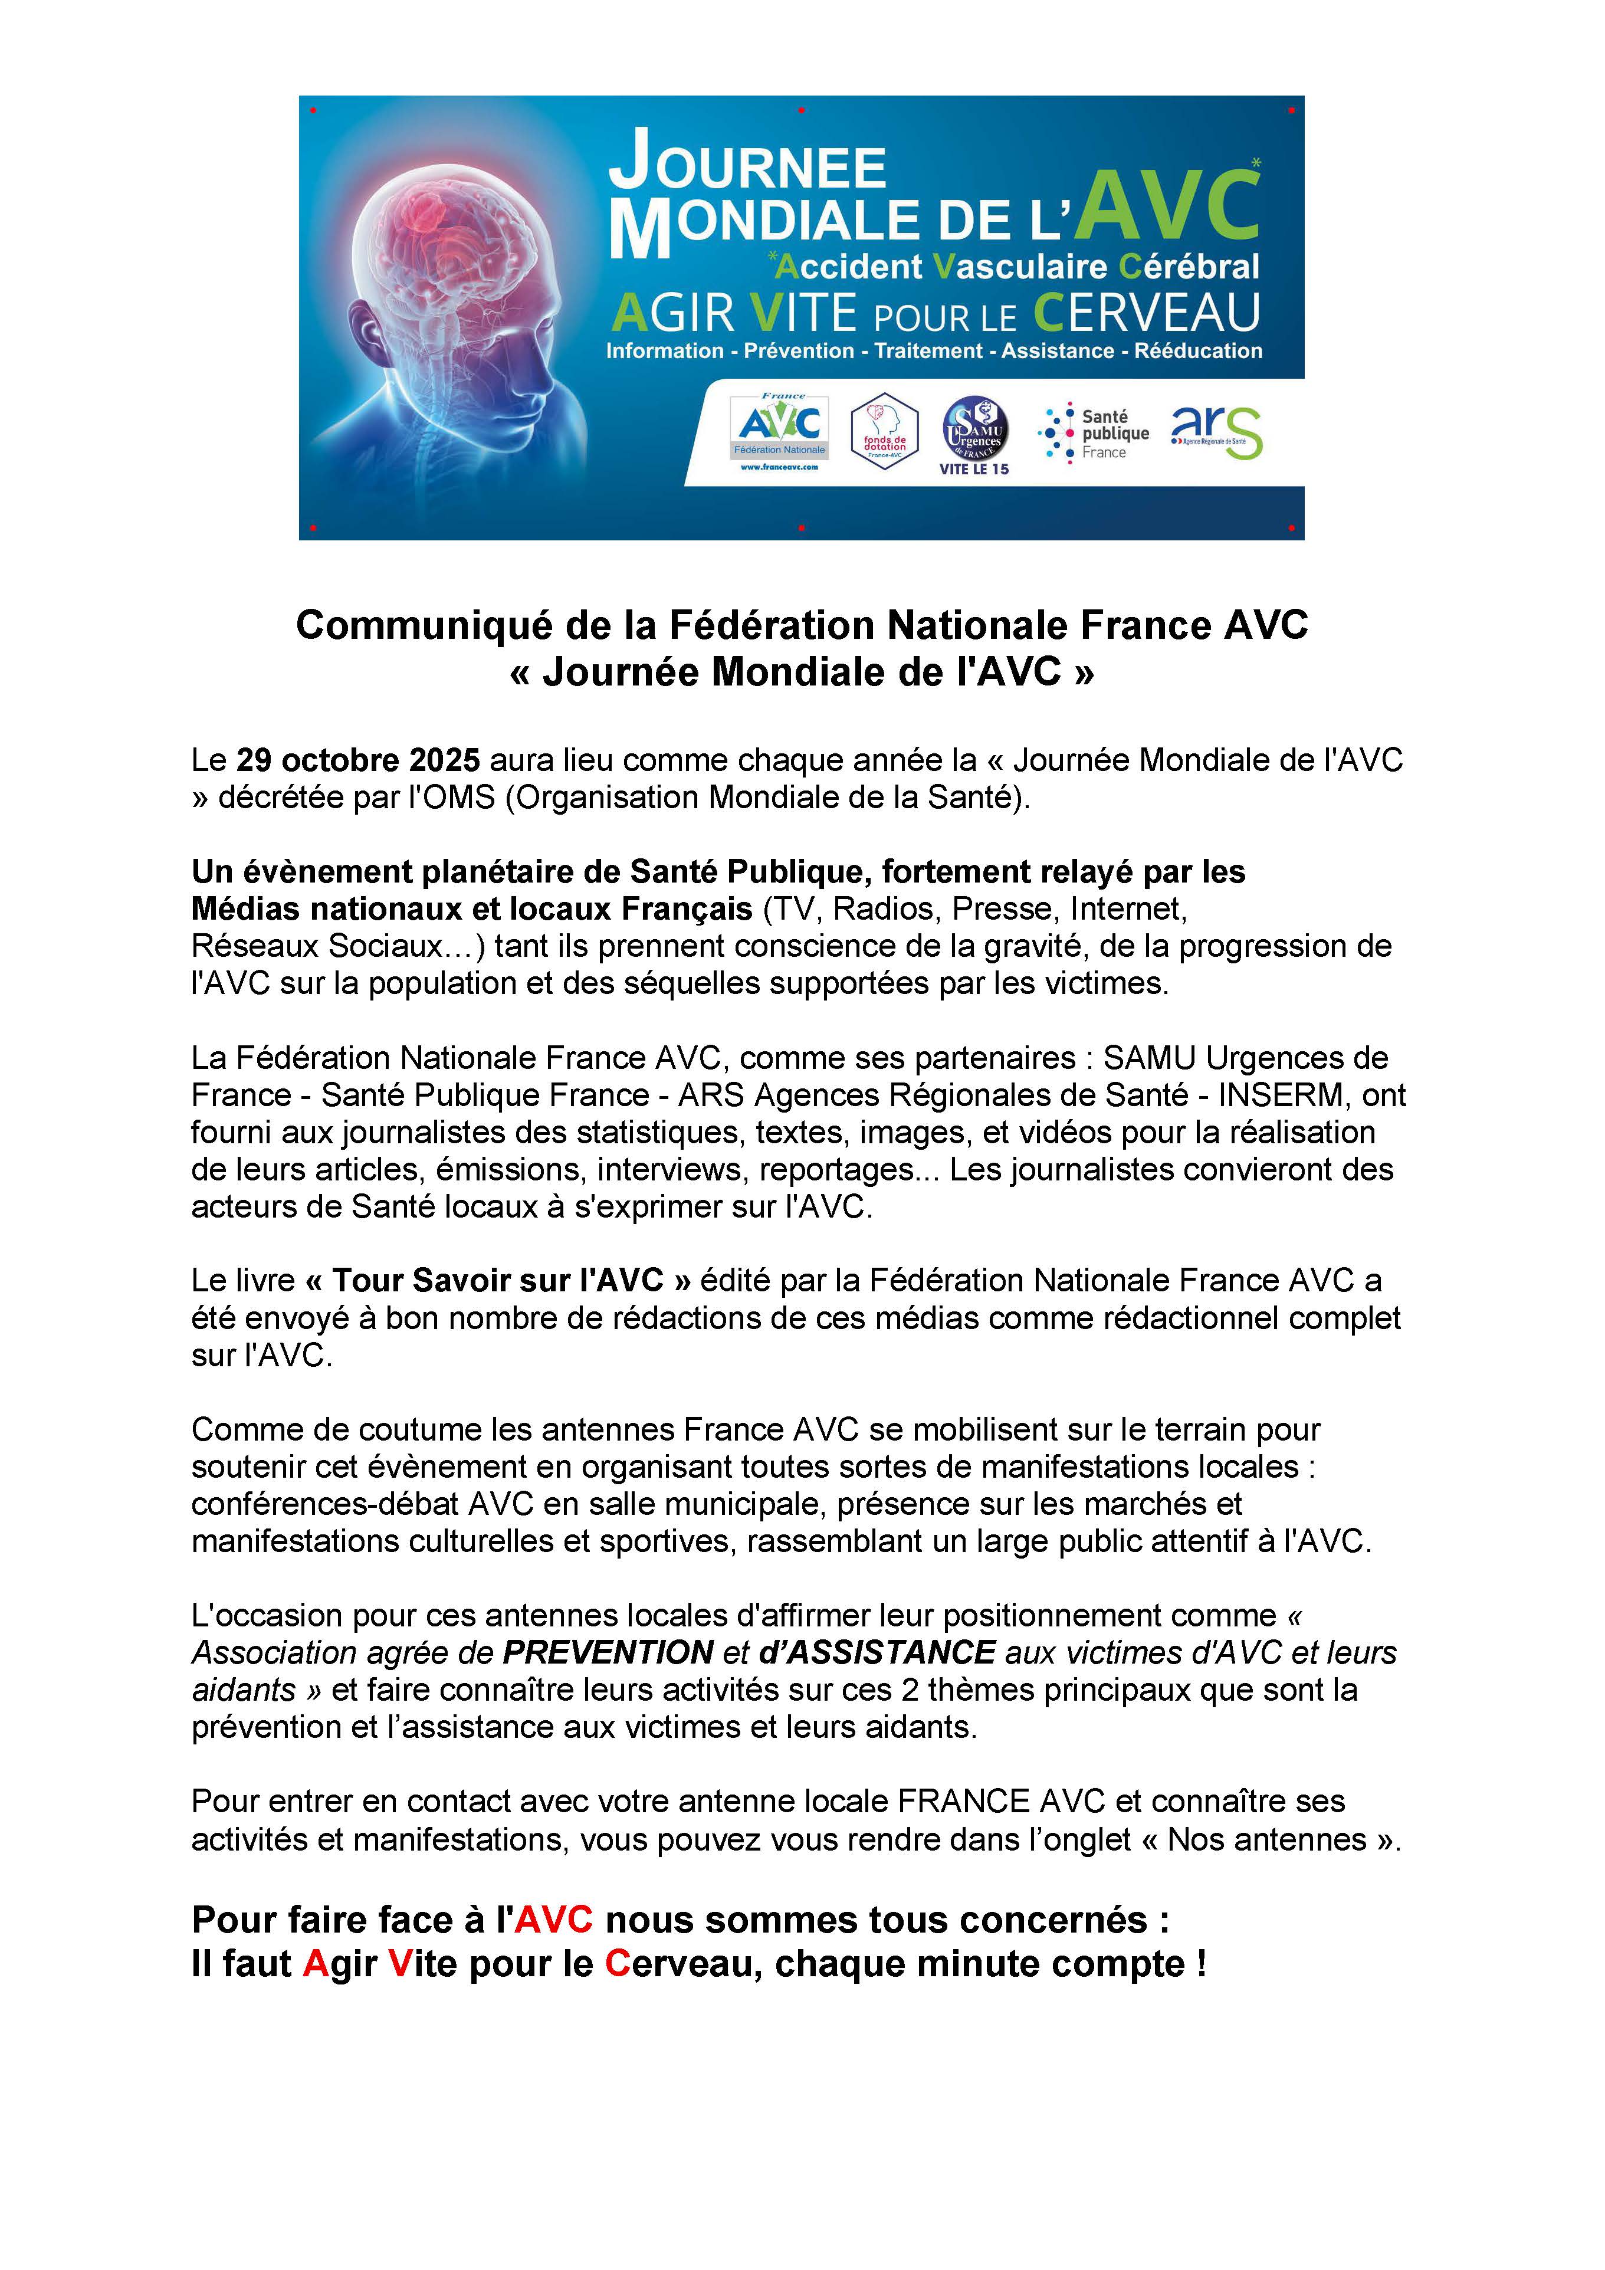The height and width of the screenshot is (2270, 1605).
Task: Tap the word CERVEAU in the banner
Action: pos(1147,313)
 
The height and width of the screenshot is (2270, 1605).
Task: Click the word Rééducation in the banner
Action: pos(1198,351)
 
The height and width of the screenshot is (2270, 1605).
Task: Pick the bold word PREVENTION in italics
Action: pos(608,1652)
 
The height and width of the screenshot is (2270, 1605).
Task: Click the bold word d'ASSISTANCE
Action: pos(877,1652)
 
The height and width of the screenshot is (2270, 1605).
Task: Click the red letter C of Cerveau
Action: pos(618,1963)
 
